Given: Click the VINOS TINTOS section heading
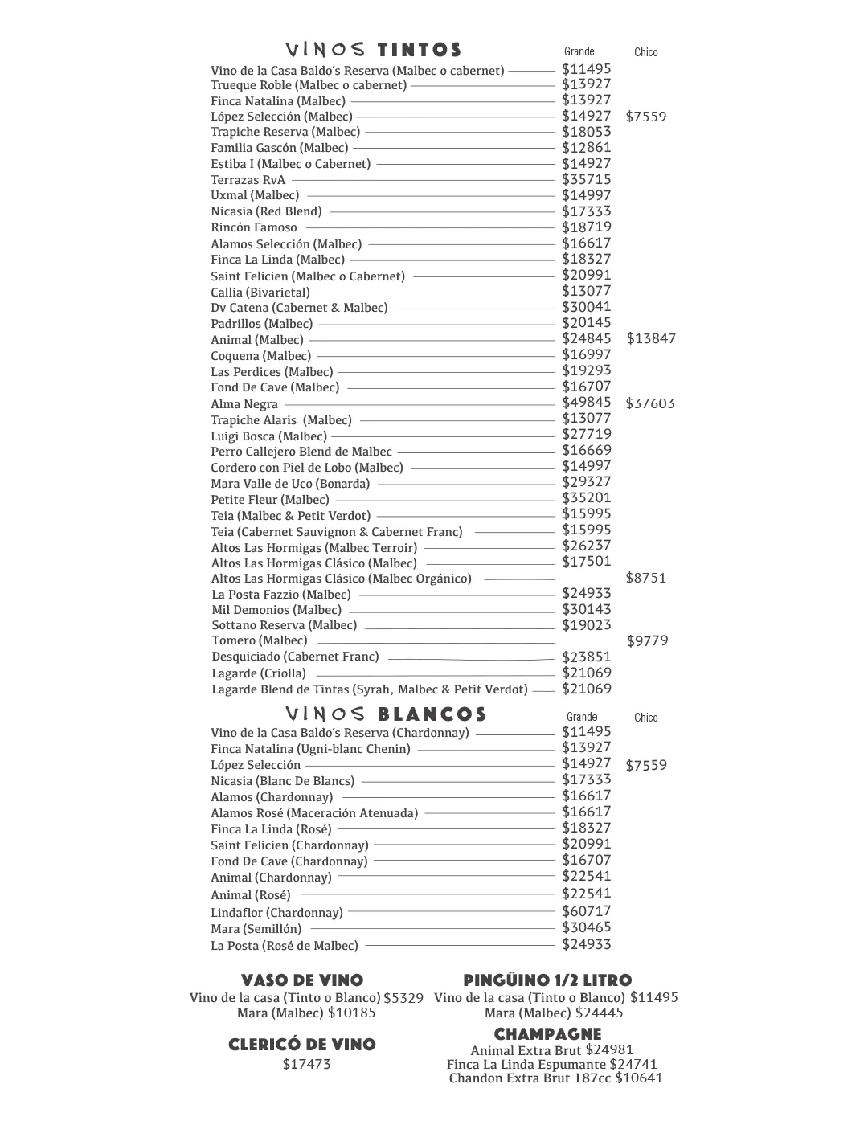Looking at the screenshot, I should pos(374,51).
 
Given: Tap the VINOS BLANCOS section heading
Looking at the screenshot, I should pos(386,714).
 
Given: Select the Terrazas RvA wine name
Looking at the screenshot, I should pos(248,180).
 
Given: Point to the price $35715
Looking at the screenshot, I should pos(586,179).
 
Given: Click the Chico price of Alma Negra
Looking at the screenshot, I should pos(650,403).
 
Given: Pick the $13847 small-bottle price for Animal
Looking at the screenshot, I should pos(651,338).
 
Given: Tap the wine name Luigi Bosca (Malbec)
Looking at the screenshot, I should pos(268,436).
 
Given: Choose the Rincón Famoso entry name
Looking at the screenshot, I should pos(254,227).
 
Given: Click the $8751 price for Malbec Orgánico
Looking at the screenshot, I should pos(645,578).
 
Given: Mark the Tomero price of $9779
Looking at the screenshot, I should pos(647,640).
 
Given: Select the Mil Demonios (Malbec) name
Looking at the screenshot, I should pos(276,610).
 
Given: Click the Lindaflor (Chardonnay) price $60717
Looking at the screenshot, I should pos(586,911).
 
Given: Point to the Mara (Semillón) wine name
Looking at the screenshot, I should pos(256,929).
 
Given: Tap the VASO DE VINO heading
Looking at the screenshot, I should pos(302,980).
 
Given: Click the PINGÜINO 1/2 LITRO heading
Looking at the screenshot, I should pos(547,980).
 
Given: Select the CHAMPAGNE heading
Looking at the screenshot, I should pos(547,1034).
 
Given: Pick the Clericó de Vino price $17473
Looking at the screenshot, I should pos(306,1065).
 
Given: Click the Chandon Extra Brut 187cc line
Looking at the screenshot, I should pos(555,1078).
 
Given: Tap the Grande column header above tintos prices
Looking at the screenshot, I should pos(579,51).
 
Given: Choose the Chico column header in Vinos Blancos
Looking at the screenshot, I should pos(645,718).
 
